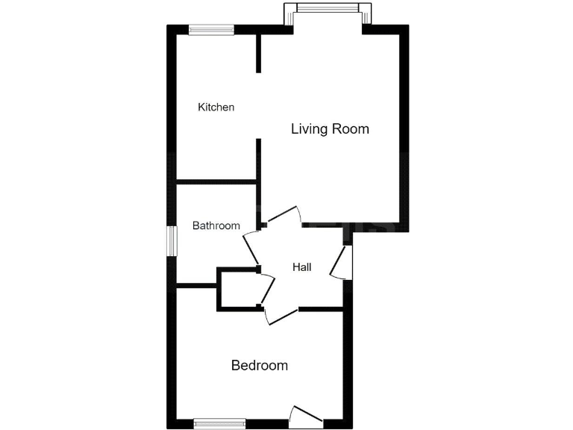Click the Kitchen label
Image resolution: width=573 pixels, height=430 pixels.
click(x=216, y=107)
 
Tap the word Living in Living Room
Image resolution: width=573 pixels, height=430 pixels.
click(x=310, y=129)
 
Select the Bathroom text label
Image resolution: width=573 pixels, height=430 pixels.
click(x=216, y=225)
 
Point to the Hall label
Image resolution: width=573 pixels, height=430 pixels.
click(x=302, y=267)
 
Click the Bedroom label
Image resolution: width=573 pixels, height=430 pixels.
click(x=260, y=366)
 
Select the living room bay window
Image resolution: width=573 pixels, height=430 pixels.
click(x=328, y=9)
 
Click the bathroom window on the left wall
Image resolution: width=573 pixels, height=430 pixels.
click(x=172, y=241)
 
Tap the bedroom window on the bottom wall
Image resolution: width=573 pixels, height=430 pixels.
click(x=219, y=423)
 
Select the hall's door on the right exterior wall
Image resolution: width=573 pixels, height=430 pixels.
click(x=342, y=262)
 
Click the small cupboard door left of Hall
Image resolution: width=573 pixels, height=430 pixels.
click(x=267, y=287)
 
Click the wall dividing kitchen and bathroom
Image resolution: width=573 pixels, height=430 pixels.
click(x=216, y=181)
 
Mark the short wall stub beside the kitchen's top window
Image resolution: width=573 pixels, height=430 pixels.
click(x=259, y=52)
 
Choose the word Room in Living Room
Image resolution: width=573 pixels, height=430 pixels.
click(x=351, y=129)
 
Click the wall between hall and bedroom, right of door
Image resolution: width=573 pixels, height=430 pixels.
click(x=321, y=309)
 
